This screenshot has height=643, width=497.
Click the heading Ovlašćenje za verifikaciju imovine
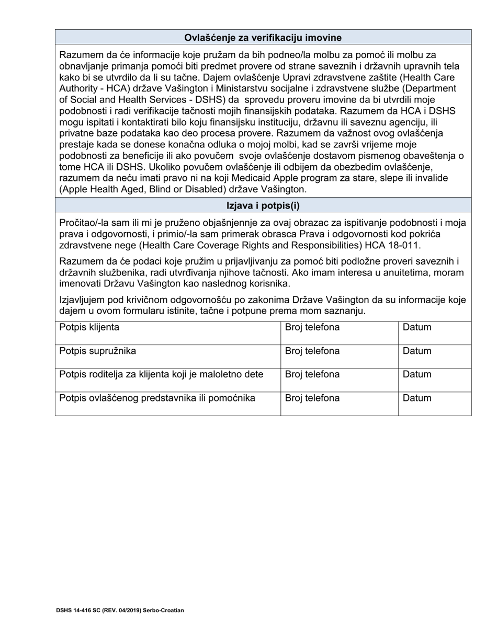pos(263,38)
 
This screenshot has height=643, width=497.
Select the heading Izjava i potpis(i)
pos(263,205)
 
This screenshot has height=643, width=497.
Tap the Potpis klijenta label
pos(89,328)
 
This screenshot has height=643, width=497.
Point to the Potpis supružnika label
pos(98,351)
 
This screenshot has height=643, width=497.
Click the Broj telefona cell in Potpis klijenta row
pos(312,328)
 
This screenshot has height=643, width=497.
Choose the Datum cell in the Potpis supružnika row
pos(417,351)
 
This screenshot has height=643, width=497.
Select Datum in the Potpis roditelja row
pos(417,375)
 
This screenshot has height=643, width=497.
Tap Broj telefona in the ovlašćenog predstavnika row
pos(312,398)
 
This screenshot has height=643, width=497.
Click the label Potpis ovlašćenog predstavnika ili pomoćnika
pos(157,398)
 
